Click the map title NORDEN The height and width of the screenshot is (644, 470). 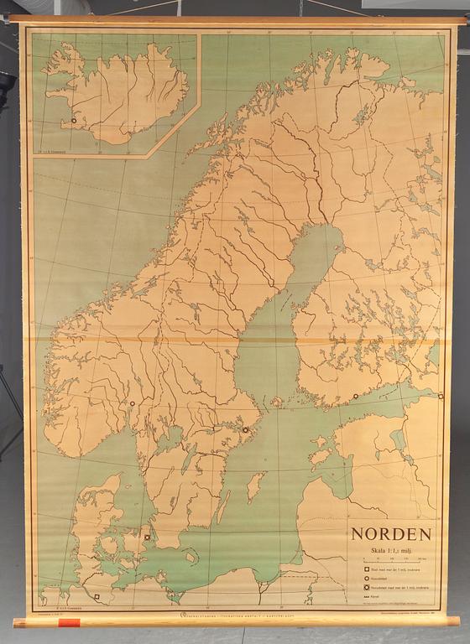click(391, 534)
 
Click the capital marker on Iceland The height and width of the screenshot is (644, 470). click(74, 121)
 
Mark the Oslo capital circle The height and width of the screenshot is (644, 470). click(133, 404)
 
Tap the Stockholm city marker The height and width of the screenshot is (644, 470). click(246, 430)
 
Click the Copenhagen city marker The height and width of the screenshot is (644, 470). click(147, 537)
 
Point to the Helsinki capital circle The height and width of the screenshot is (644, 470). click(356, 397)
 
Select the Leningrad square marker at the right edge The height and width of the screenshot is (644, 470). click(440, 396)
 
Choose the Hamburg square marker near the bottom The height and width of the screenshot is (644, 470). click(96, 597)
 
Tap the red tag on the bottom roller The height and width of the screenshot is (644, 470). click(69, 623)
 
